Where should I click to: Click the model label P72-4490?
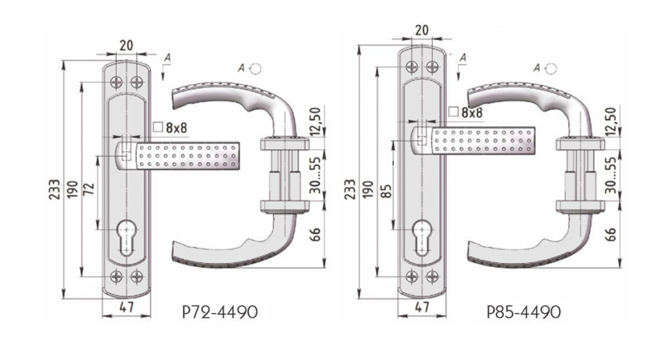pos(220,312)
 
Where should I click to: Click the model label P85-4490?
pos(523,312)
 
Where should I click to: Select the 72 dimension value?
pos(88,189)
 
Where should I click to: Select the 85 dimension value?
pos(385,190)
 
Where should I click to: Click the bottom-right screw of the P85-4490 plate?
pos(432,277)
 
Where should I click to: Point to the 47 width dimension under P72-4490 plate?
pos(127,306)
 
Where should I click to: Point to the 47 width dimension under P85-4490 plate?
pos(421,306)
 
